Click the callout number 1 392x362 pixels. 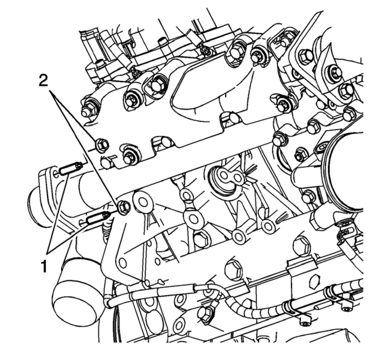[x=44, y=267]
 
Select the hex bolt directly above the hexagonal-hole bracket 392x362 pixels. [x=301, y=245]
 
